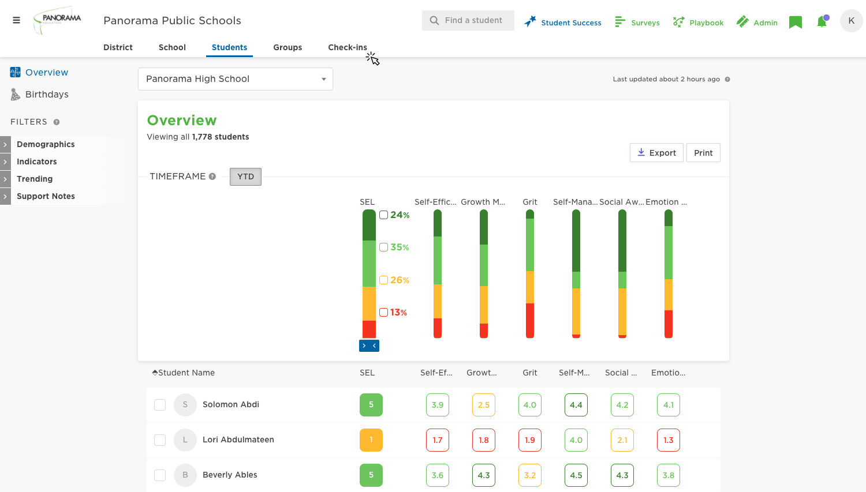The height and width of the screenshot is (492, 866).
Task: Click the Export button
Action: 656,153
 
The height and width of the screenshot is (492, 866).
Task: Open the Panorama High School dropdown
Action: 235,79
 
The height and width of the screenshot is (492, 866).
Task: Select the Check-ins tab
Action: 347,47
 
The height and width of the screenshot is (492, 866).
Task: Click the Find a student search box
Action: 468,20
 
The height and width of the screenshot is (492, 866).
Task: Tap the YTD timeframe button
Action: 245,176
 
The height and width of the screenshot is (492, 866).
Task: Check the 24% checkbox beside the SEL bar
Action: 383,215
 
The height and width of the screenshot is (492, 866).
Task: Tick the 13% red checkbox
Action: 383,313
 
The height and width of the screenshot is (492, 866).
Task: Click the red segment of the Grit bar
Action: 530,320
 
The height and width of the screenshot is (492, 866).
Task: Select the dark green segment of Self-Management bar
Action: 576,241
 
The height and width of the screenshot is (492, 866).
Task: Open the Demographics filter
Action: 46,144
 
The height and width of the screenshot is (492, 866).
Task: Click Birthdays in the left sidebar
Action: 47,95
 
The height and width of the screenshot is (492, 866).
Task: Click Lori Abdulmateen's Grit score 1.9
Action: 530,440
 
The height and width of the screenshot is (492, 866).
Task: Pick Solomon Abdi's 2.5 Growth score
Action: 484,405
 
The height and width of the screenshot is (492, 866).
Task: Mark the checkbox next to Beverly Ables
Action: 160,475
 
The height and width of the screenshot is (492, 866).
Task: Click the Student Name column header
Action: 186,373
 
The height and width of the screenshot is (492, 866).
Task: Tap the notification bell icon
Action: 822,22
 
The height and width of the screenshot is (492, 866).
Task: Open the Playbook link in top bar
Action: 699,22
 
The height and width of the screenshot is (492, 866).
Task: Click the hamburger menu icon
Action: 16,20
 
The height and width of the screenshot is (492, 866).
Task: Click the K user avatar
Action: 851,21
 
